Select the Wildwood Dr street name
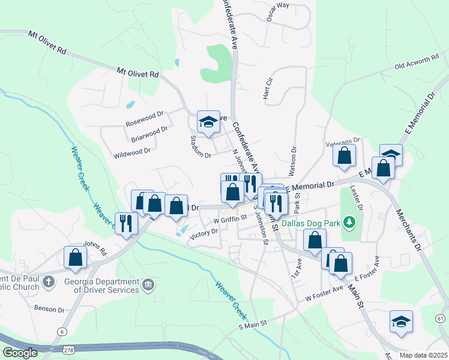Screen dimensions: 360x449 (x=131, y=153)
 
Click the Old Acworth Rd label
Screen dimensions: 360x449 (x=417, y=62)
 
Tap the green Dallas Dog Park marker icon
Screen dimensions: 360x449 (x=348, y=223)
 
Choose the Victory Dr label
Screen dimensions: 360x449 (x=203, y=231)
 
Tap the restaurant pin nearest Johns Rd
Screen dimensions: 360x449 (x=126, y=224)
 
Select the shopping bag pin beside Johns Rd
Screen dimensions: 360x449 (x=75, y=257)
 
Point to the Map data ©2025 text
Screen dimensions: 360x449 (x=423, y=355)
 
